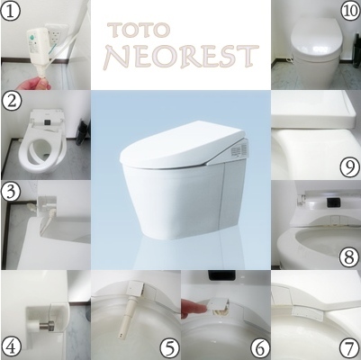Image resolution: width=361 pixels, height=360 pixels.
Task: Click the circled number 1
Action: (x=11, y=11)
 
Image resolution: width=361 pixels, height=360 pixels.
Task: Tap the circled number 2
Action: (x=12, y=102)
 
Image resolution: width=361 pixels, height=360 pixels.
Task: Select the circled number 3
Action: (x=12, y=193)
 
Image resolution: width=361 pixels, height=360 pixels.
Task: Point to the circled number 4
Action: (x=12, y=348)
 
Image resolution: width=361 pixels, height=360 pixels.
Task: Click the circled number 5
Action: (x=170, y=348)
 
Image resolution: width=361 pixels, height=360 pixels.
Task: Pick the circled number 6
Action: (x=260, y=348)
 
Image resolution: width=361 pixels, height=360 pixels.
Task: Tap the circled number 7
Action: (x=349, y=348)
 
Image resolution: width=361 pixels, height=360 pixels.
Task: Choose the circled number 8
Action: (x=349, y=257)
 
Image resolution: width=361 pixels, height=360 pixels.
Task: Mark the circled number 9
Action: (x=349, y=167)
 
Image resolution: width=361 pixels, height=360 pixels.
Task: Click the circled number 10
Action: (x=350, y=12)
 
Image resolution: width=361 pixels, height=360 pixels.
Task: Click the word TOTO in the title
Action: (x=139, y=30)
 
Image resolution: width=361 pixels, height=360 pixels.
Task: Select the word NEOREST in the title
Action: (x=181, y=57)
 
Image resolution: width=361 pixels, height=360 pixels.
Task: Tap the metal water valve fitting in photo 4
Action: (x=48, y=326)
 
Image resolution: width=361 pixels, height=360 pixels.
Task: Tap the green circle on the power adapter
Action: (x=32, y=37)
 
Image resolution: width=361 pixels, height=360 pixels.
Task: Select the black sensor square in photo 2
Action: (x=47, y=121)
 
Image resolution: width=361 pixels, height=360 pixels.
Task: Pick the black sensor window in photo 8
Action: (x=333, y=202)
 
